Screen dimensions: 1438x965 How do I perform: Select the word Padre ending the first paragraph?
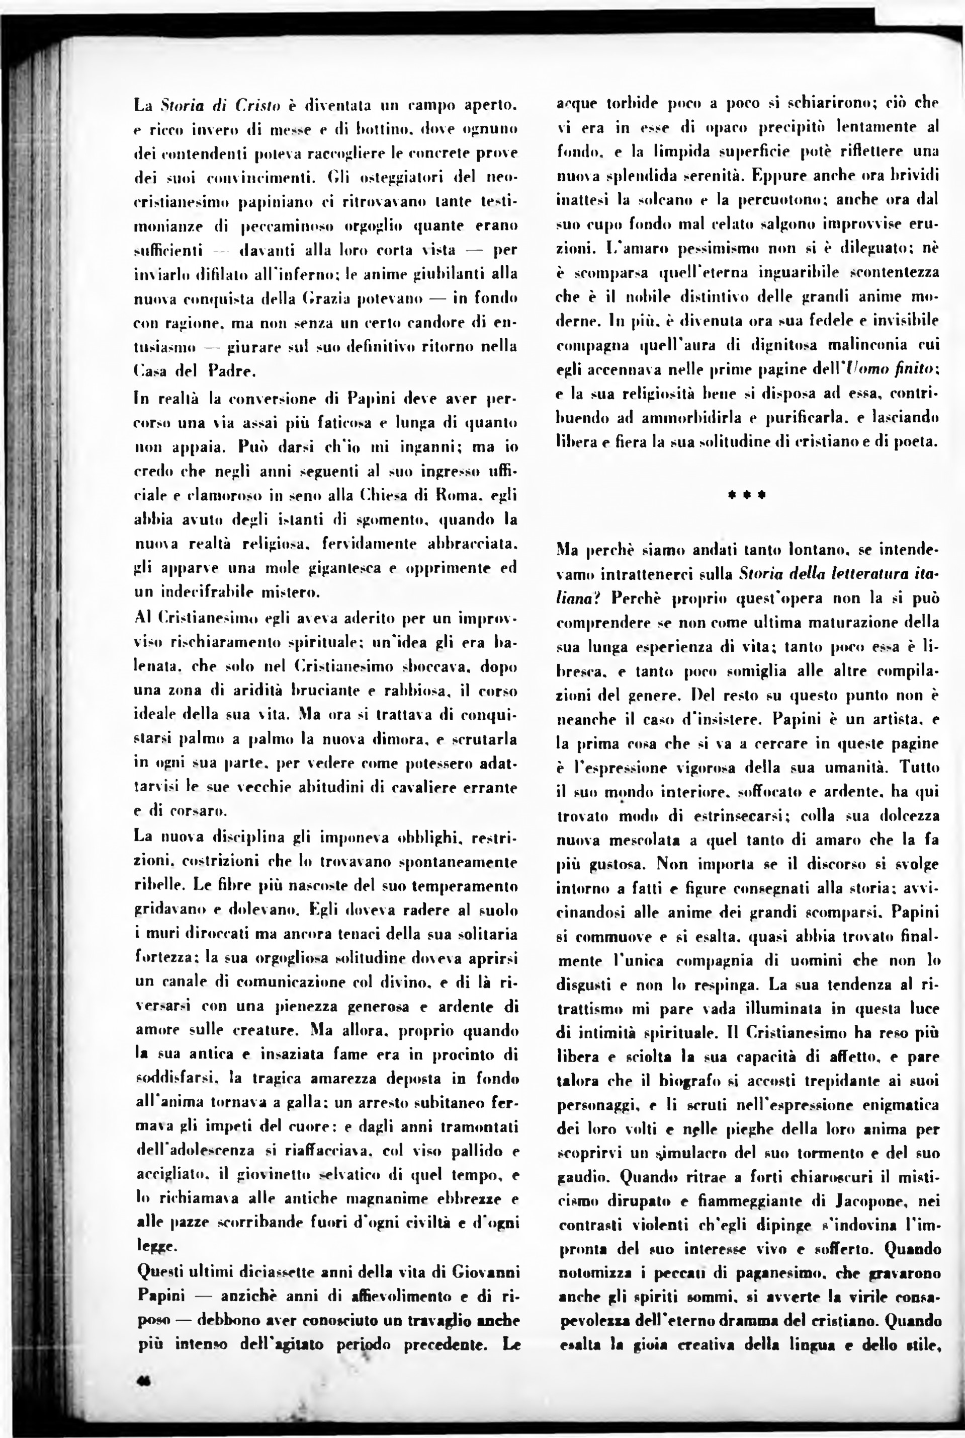(231, 371)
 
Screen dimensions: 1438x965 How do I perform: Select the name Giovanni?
(486, 1271)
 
